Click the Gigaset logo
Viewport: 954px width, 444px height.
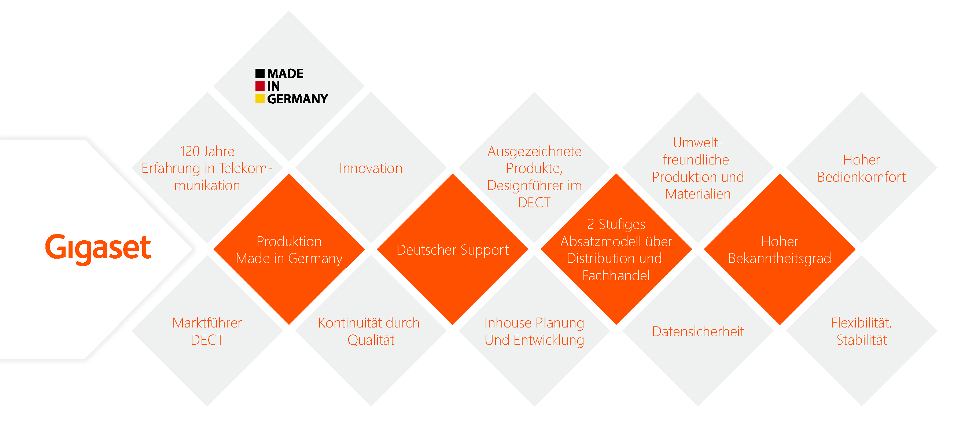[98, 249]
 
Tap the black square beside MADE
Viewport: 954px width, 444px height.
[260, 73]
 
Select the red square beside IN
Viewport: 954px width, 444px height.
[260, 86]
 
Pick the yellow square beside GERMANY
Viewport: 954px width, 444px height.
[260, 99]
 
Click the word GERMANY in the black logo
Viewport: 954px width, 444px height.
[297, 99]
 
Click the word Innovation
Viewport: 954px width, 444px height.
[371, 169]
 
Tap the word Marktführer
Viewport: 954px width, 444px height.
[207, 323]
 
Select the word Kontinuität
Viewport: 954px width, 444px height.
[347, 323]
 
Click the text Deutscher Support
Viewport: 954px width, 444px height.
[453, 250]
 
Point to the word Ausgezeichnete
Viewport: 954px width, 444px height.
[534, 152]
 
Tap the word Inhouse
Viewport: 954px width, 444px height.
[502, 323]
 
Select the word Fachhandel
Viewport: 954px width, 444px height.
[616, 275]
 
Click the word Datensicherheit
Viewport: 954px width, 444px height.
[698, 332]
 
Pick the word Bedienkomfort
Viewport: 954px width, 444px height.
[861, 177]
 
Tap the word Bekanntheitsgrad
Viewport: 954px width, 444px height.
[780, 259]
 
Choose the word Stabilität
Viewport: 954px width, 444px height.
[862, 340]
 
